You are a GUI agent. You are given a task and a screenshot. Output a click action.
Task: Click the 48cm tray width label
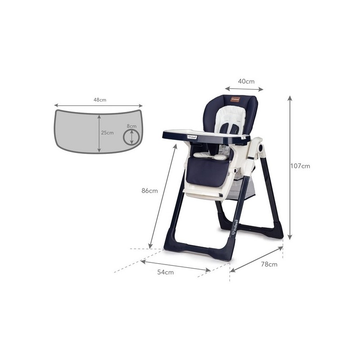coord(100,100)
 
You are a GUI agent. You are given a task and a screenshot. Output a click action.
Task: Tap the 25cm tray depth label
coord(107,133)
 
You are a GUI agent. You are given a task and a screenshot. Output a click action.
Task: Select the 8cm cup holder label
coord(131,126)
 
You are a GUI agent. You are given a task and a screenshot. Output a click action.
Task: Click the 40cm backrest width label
coord(246,81)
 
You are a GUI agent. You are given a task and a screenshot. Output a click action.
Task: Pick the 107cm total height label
coord(300,166)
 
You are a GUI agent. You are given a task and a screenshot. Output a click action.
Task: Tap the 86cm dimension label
coord(150,191)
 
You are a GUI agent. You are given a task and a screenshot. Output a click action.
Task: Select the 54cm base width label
coord(165,272)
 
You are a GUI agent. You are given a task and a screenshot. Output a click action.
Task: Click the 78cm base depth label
coord(269,264)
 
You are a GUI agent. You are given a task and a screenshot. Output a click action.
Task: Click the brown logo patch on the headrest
coord(235,99)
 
